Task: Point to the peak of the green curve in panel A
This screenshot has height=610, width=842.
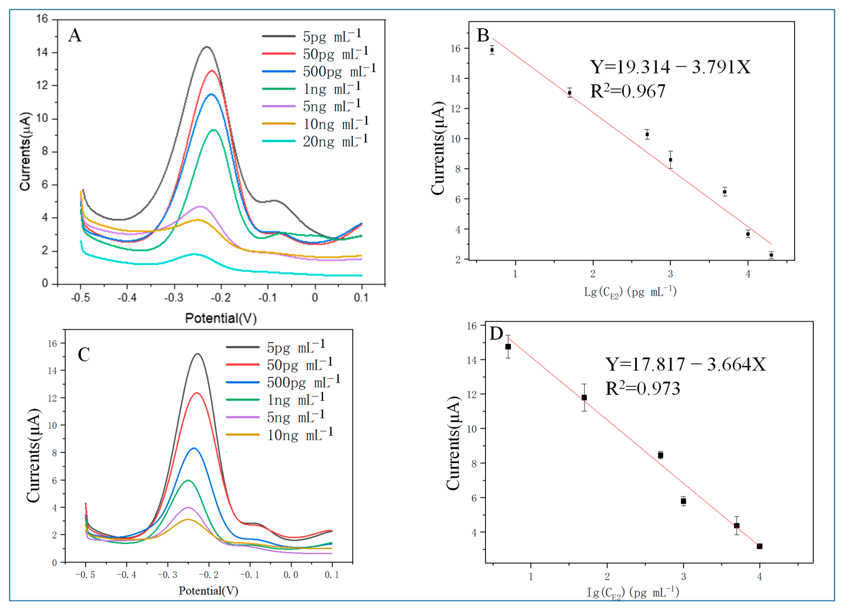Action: pyautogui.click(x=214, y=130)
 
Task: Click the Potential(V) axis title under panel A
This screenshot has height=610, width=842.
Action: pyautogui.click(x=221, y=318)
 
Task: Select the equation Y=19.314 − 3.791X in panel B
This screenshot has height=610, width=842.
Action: pyautogui.click(x=670, y=67)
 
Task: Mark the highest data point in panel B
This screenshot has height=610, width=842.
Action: pyautogui.click(x=492, y=50)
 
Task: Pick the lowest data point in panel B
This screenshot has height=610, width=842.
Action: pyautogui.click(x=771, y=255)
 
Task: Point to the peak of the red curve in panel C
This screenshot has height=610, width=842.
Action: pyautogui.click(x=196, y=393)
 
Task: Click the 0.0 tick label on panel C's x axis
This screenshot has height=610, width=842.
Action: pyautogui.click(x=291, y=575)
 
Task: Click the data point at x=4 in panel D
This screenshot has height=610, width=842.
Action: pyautogui.click(x=760, y=546)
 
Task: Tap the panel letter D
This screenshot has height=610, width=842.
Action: pyautogui.click(x=496, y=333)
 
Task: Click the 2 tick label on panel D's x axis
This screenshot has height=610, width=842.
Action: pyautogui.click(x=607, y=576)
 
